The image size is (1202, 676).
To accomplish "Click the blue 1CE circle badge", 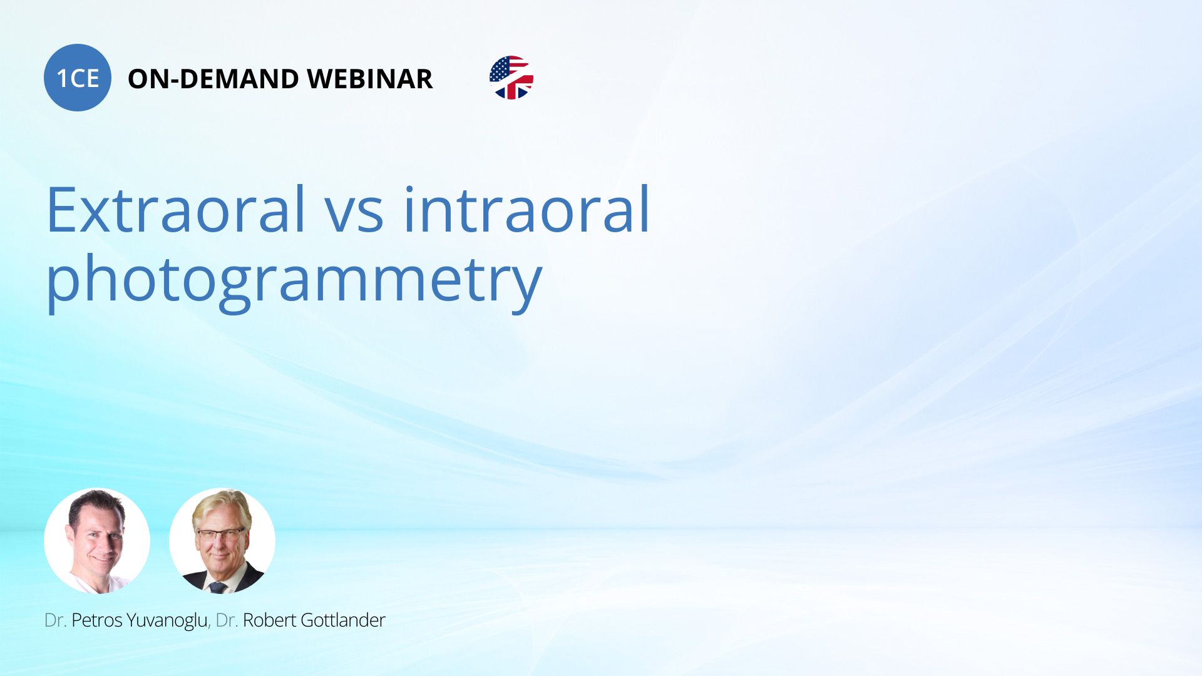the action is pyautogui.click(x=78, y=78).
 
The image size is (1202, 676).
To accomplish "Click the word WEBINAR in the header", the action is pyautogui.click(x=370, y=79).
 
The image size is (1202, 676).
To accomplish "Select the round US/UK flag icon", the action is pyautogui.click(x=511, y=78).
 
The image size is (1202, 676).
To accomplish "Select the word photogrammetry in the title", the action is pyautogui.click(x=294, y=282).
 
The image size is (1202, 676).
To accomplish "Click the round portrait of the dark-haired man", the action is pyautogui.click(x=97, y=541).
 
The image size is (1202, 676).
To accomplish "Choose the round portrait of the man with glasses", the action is pyautogui.click(x=222, y=541).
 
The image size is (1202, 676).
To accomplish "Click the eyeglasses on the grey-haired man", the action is pyautogui.click(x=220, y=535).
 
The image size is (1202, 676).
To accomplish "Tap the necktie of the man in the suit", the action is pyautogui.click(x=217, y=587).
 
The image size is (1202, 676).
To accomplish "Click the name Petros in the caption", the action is pyautogui.click(x=97, y=620).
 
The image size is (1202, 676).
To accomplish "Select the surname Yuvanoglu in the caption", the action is pyautogui.click(x=168, y=621).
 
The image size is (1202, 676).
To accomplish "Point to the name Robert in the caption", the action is pyautogui.click(x=269, y=620).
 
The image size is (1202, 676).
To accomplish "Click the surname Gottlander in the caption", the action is pyautogui.click(x=343, y=620).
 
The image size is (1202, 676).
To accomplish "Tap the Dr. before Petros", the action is pyautogui.click(x=56, y=620).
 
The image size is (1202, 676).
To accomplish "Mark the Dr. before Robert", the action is pyautogui.click(x=227, y=620).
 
